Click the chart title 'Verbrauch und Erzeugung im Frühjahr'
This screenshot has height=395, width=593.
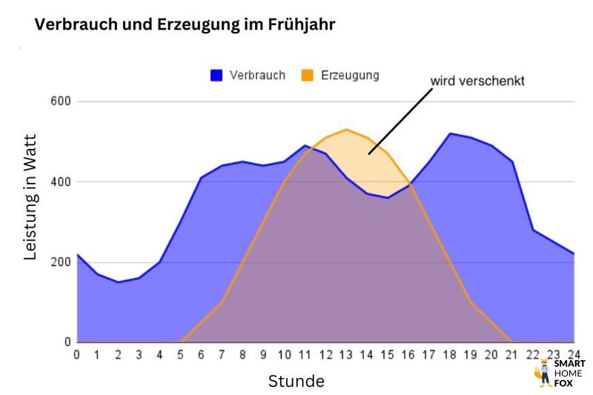(185, 25)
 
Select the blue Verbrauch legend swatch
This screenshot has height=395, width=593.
(217, 75)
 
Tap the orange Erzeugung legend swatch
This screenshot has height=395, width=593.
(308, 75)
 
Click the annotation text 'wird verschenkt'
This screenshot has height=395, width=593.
(478, 82)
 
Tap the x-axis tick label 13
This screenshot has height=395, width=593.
(345, 354)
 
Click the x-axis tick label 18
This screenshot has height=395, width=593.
(449, 354)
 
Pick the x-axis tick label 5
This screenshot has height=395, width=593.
(180, 354)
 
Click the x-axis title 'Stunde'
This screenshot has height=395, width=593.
(296, 382)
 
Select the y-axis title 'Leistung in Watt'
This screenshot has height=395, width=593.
(30, 196)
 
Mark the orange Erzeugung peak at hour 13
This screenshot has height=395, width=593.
(346, 130)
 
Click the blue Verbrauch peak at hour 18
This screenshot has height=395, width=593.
(449, 133)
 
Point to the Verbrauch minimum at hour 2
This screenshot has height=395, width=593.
(118, 282)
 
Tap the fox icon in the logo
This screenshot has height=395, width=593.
(543, 373)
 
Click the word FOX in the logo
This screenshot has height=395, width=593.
(565, 383)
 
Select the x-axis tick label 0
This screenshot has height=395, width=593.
(77, 354)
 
